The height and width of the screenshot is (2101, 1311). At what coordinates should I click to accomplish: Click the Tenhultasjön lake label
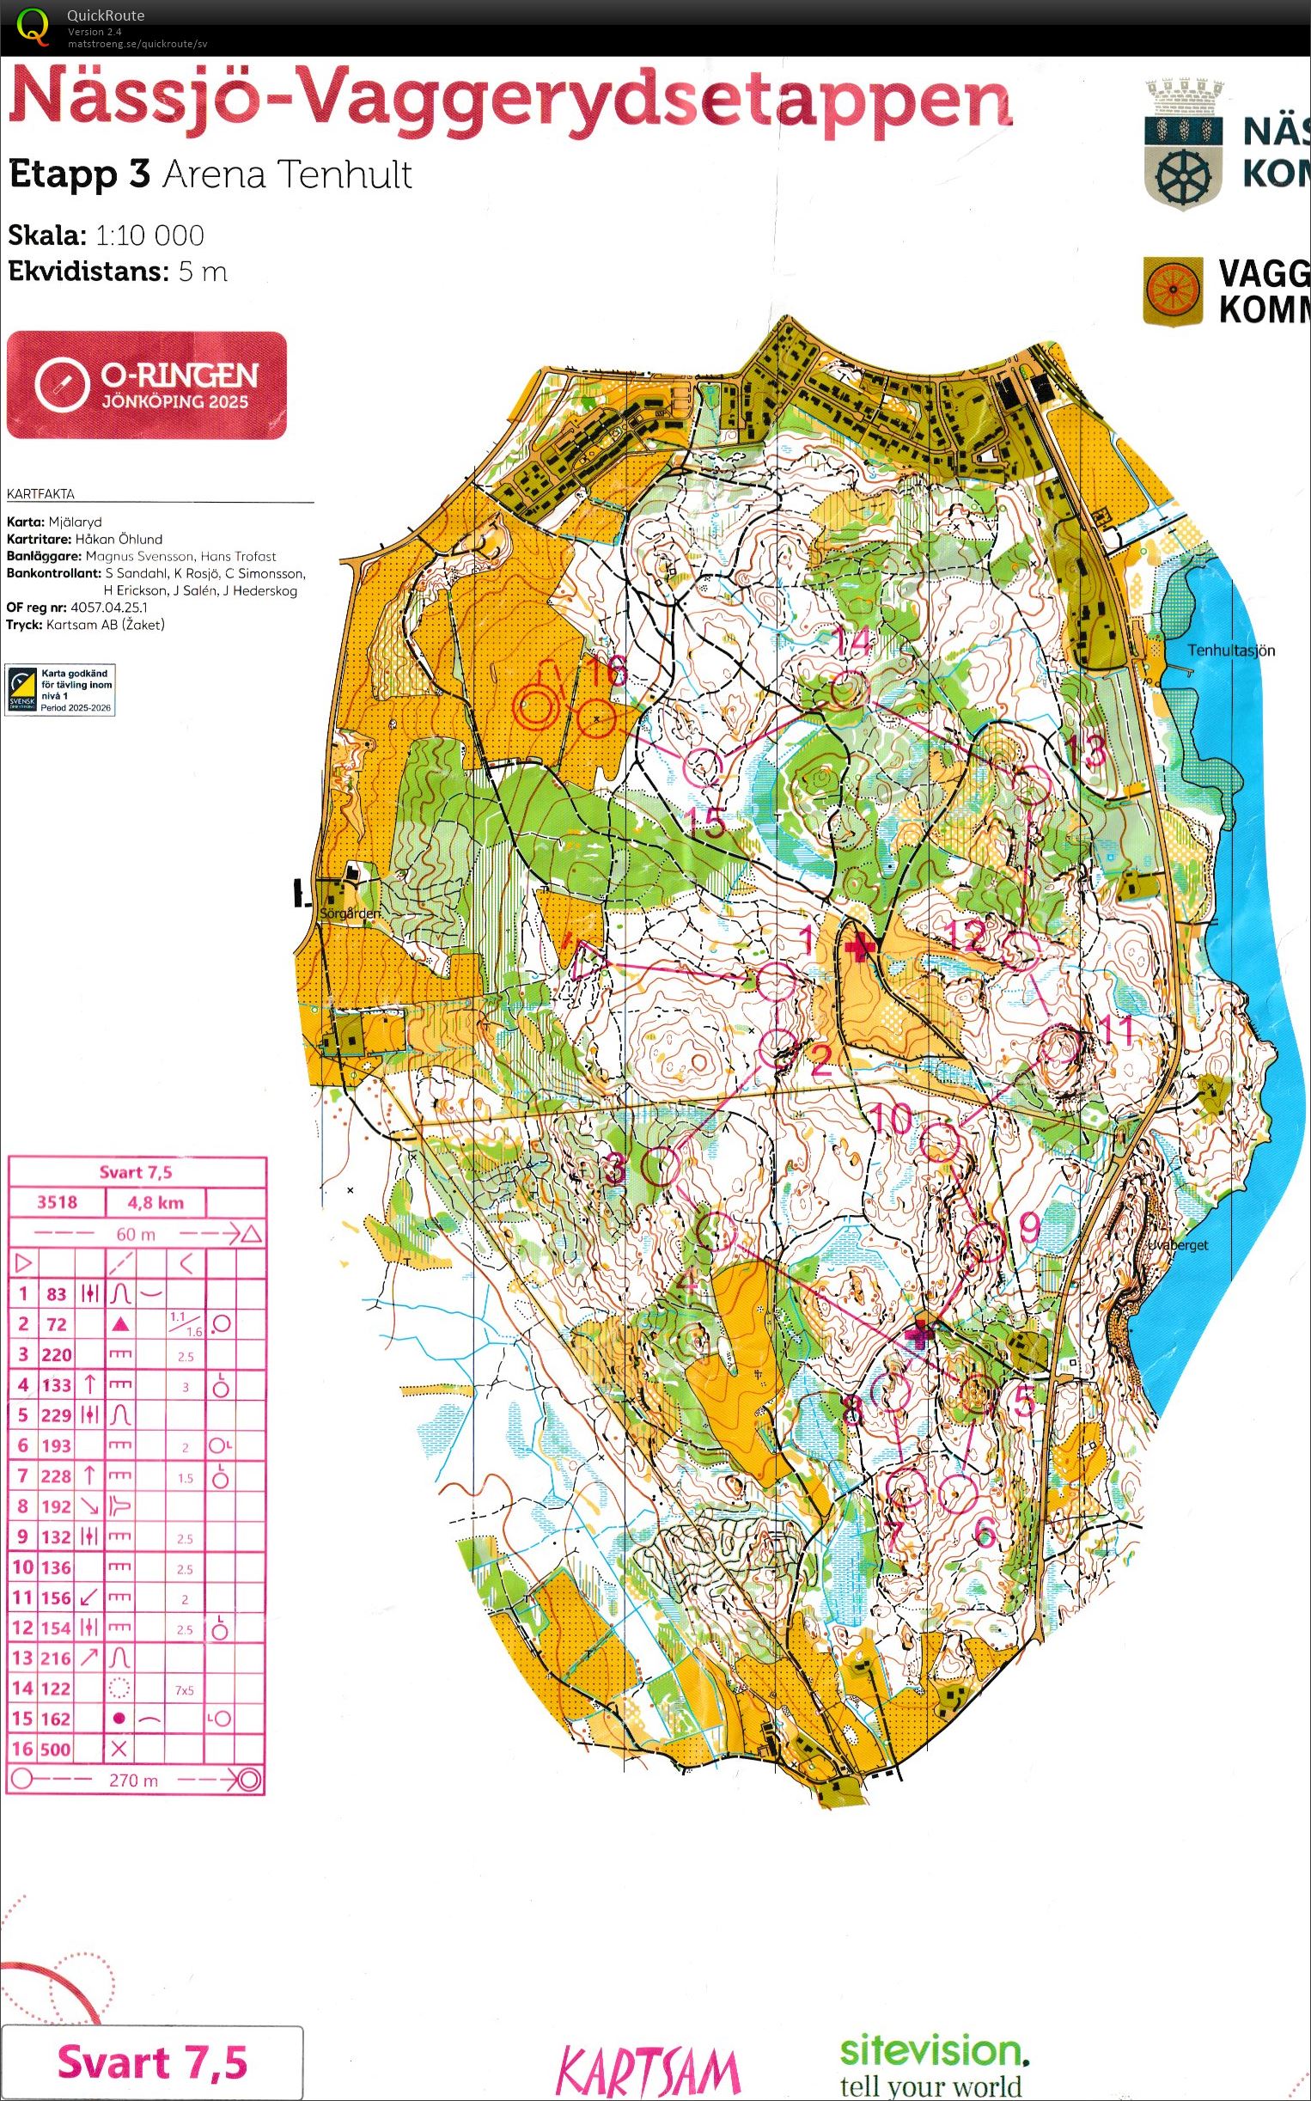tap(1230, 650)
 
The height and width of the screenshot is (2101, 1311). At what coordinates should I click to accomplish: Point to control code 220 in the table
tap(57, 1354)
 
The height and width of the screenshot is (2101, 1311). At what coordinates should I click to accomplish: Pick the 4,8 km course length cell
tap(155, 1203)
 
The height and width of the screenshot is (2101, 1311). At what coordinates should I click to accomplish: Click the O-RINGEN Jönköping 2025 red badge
tap(147, 385)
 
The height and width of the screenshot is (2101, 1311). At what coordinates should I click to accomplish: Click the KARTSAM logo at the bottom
tap(647, 2071)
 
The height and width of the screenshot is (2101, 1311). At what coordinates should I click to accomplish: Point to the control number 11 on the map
tap(1115, 1030)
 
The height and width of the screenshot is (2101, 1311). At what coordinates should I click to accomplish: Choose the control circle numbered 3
tap(662, 1166)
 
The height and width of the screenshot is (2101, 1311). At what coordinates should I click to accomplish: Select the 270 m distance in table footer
tap(133, 1780)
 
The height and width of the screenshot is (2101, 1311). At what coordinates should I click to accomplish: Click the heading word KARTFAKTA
tap(40, 494)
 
